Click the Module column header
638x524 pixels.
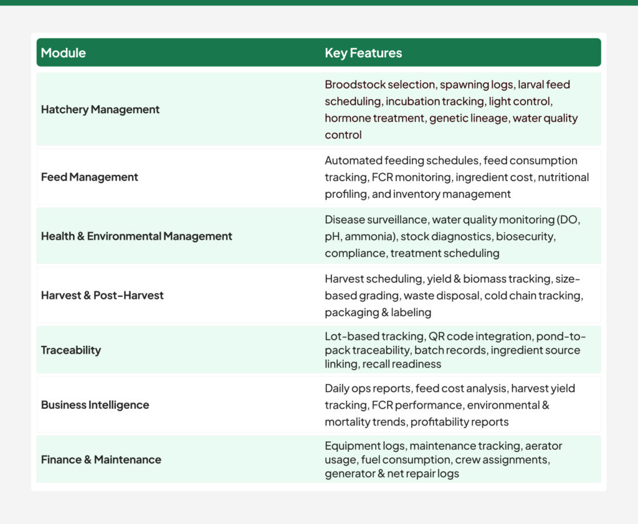64,53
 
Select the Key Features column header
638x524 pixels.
363,53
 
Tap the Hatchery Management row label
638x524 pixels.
100,110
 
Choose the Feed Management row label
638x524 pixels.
90,177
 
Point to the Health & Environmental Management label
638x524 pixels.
136,236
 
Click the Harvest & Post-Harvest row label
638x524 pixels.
102,296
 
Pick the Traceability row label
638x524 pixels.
71,350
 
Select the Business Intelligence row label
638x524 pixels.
95,405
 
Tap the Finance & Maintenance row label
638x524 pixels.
101,460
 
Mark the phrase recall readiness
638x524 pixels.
401,364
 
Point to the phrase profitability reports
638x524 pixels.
459,422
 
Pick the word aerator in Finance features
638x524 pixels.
543,446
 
